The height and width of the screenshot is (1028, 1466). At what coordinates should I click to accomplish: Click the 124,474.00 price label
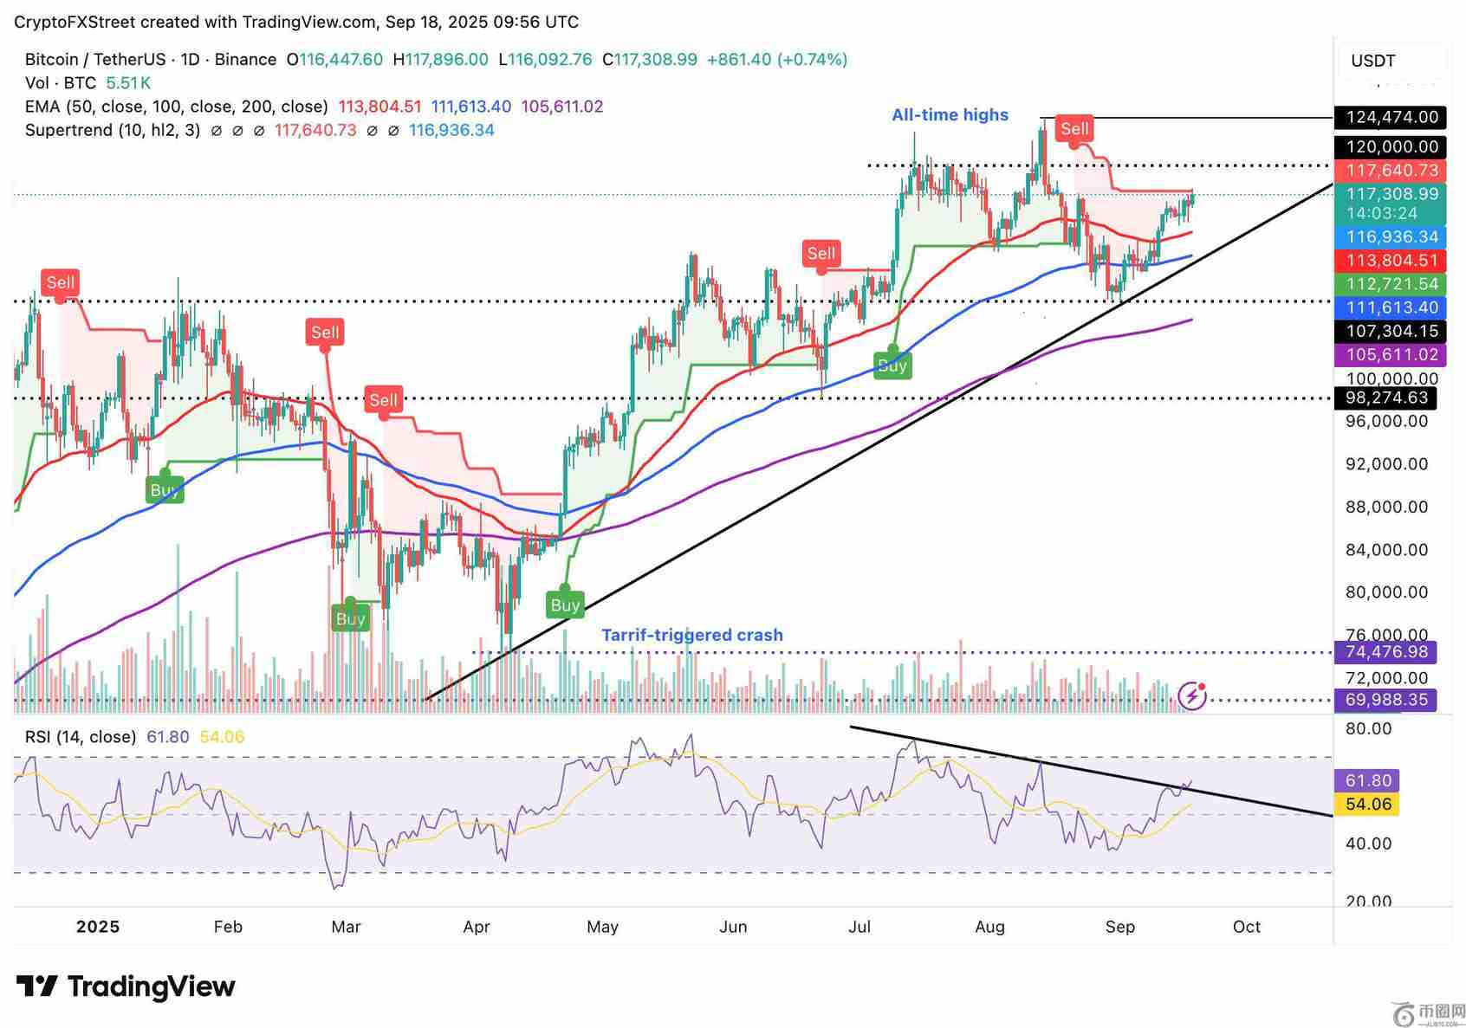point(1391,117)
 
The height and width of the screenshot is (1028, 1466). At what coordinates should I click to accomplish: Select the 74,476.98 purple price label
point(1385,652)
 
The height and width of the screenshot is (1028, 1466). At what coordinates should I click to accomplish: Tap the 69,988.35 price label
point(1385,700)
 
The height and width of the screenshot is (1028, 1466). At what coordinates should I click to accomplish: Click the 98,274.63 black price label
point(1385,398)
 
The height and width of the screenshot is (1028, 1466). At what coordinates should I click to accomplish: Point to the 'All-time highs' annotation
point(950,114)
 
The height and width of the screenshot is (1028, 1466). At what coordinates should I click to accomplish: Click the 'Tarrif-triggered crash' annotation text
point(691,635)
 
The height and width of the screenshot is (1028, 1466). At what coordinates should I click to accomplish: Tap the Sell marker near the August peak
point(1074,129)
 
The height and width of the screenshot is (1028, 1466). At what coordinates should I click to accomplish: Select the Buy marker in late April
point(565,605)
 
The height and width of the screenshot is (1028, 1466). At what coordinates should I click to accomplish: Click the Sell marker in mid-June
point(821,254)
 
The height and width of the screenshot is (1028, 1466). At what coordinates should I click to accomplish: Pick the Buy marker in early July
point(892,365)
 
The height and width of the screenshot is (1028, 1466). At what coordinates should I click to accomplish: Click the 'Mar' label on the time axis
point(346,927)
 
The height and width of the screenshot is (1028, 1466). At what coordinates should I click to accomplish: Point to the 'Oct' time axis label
point(1246,927)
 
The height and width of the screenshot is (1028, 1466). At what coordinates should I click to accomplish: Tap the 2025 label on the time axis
point(98,927)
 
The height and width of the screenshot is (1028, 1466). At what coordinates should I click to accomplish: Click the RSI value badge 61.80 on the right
point(1368,780)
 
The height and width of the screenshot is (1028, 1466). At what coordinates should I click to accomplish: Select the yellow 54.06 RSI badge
point(1368,805)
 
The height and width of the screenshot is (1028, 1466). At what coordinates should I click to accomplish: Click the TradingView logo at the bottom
point(126,986)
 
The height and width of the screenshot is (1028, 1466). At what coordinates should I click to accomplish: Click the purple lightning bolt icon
point(1192,695)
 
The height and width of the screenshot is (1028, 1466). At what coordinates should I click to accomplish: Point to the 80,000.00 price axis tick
point(1386,592)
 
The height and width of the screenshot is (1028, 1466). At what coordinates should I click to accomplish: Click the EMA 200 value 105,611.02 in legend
point(561,107)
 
